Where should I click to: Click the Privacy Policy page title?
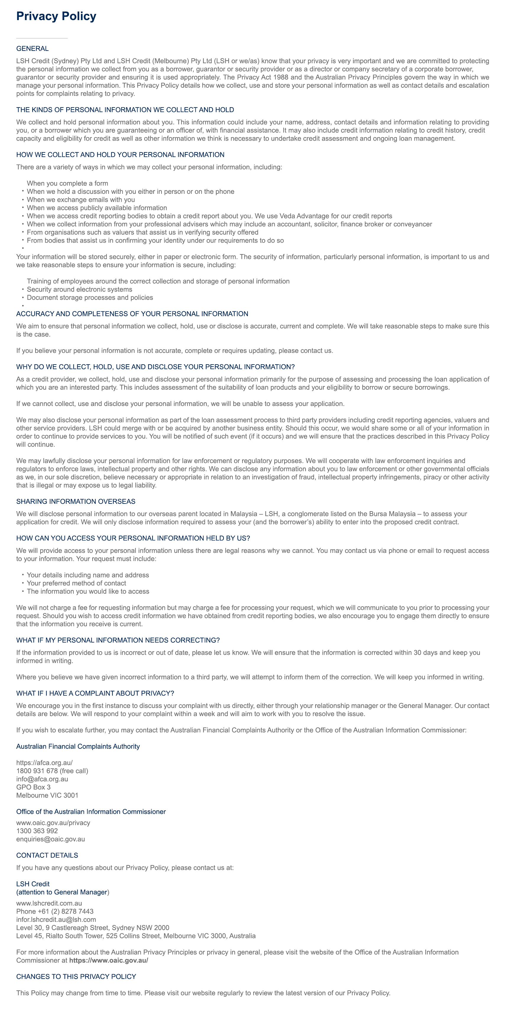click(x=56, y=16)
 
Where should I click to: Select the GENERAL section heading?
click(x=33, y=49)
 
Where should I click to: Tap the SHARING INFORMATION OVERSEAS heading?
click(x=76, y=501)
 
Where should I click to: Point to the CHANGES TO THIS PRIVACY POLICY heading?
click(x=76, y=977)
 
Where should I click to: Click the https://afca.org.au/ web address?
click(x=44, y=763)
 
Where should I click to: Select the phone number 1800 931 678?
click(x=37, y=771)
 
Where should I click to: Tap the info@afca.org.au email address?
click(x=42, y=779)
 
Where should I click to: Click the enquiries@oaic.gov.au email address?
click(x=51, y=839)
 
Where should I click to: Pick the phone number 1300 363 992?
click(x=37, y=831)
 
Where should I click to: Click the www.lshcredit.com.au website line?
click(x=49, y=903)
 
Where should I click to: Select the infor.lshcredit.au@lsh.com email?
click(x=56, y=919)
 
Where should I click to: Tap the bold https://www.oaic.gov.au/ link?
click(x=109, y=961)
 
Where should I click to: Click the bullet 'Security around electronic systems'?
click(x=79, y=290)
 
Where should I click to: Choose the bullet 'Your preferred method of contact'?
click(x=76, y=583)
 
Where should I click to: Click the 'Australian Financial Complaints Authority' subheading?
click(x=78, y=747)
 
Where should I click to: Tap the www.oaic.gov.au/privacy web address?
click(x=53, y=823)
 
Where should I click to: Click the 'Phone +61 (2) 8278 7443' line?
click(x=55, y=911)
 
